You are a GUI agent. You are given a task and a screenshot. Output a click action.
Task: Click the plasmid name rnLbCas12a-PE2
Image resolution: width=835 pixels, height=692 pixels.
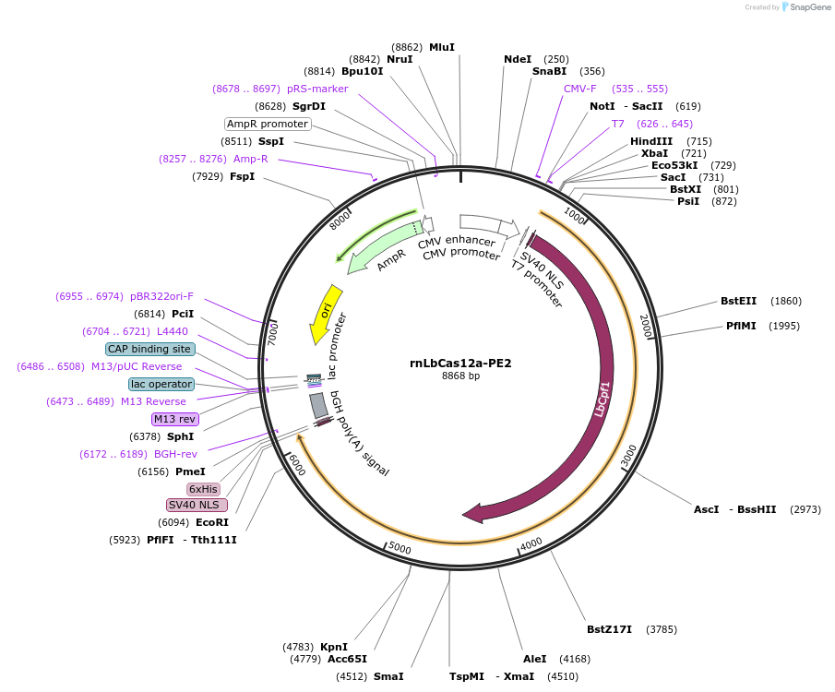(460, 363)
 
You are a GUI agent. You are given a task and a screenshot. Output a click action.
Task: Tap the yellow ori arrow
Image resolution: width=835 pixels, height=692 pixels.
(326, 312)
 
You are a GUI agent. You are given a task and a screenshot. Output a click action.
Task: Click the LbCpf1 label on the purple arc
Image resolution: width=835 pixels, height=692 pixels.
(602, 398)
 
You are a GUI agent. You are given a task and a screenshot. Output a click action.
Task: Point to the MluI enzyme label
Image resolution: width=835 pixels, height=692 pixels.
(442, 47)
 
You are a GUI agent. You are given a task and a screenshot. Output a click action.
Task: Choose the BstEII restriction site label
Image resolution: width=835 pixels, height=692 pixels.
(738, 301)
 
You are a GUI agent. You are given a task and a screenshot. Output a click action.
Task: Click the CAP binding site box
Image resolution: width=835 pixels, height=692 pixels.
(150, 349)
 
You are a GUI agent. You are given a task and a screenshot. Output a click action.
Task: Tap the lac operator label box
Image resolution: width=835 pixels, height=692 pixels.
(161, 384)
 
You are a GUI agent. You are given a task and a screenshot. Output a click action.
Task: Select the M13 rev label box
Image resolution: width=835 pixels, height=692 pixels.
(175, 419)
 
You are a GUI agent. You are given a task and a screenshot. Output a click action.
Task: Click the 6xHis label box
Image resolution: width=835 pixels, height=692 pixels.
(203, 489)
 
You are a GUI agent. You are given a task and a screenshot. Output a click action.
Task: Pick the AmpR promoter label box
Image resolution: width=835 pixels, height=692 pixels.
(268, 124)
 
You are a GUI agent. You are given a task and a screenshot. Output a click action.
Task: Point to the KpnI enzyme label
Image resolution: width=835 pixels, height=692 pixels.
(334, 647)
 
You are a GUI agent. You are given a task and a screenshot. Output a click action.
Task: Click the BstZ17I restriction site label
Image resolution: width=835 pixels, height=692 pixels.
(609, 629)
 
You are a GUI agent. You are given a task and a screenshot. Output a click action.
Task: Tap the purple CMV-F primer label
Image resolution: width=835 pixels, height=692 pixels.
(580, 89)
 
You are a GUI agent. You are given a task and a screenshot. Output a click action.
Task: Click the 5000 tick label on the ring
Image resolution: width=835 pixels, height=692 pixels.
(400, 547)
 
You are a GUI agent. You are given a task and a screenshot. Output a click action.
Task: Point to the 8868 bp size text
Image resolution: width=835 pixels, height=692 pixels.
(460, 376)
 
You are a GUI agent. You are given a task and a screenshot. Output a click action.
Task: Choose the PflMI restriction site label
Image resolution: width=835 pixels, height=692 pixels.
(741, 326)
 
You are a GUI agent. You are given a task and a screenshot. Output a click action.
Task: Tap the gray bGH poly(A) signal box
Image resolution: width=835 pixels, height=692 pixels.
(318, 405)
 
